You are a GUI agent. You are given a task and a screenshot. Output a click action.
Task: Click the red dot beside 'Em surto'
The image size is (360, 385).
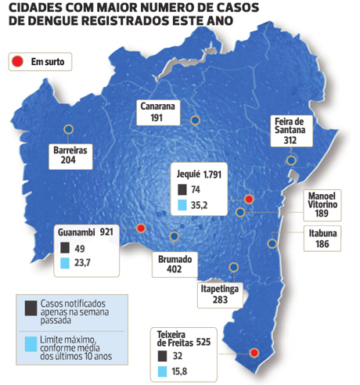pyautogui.click(x=16, y=61)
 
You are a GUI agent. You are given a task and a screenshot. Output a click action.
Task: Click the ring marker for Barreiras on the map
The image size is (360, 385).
pyautogui.click(x=69, y=130)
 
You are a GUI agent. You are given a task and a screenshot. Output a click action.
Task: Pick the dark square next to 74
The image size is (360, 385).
pyautogui.click(x=182, y=189)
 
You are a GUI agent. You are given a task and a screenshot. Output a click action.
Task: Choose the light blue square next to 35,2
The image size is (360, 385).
pyautogui.click(x=182, y=207)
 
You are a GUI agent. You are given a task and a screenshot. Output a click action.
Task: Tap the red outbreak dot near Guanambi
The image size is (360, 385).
pyautogui.click(x=141, y=228)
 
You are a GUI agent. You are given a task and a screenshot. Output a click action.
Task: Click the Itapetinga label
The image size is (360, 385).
pyautogui.click(x=220, y=288)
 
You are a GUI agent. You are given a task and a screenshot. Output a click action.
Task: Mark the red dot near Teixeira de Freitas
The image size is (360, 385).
pyautogui.click(x=254, y=354)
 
